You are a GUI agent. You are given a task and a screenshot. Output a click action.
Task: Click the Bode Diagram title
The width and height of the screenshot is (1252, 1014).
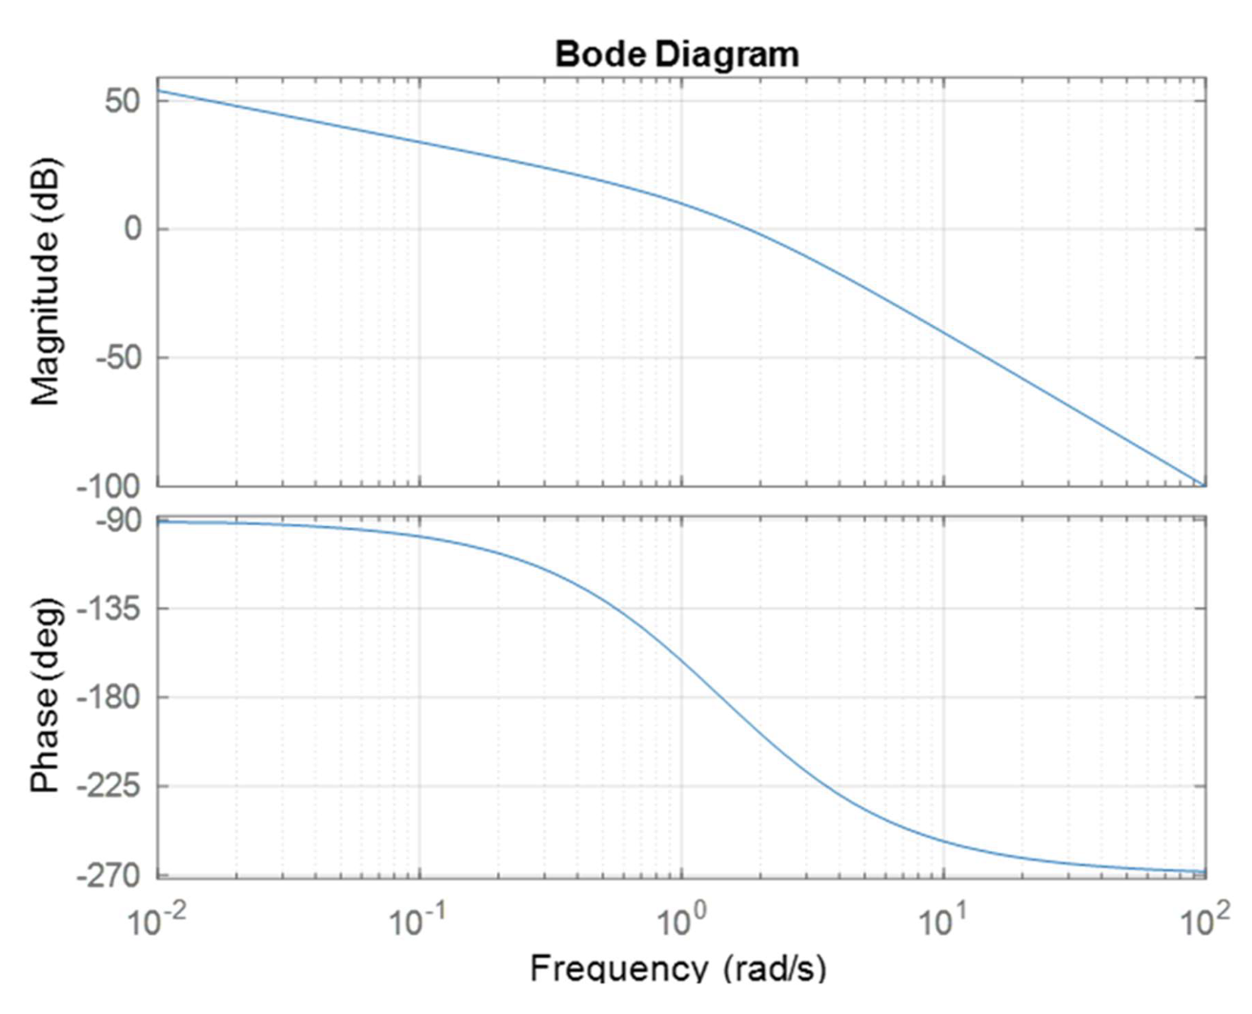676,53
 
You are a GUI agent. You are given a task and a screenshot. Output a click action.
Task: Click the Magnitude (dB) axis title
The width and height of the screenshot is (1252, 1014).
45,282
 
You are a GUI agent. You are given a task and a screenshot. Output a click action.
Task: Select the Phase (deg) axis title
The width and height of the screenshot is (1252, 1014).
45,696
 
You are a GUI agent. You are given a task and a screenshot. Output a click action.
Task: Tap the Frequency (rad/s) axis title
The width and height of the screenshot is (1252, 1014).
677,968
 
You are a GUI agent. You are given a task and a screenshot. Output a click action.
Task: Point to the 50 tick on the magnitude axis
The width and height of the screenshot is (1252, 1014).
123,100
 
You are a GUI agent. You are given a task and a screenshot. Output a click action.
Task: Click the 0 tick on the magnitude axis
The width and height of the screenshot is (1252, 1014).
132,229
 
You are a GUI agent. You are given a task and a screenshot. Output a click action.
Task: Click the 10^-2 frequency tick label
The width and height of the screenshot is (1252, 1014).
156,921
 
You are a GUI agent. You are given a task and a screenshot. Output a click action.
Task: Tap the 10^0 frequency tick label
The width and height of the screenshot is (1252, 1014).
680,921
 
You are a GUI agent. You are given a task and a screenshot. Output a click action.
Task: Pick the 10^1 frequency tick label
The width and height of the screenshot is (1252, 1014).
943,921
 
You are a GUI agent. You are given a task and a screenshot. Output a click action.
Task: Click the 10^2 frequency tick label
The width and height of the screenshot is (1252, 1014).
1204,921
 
